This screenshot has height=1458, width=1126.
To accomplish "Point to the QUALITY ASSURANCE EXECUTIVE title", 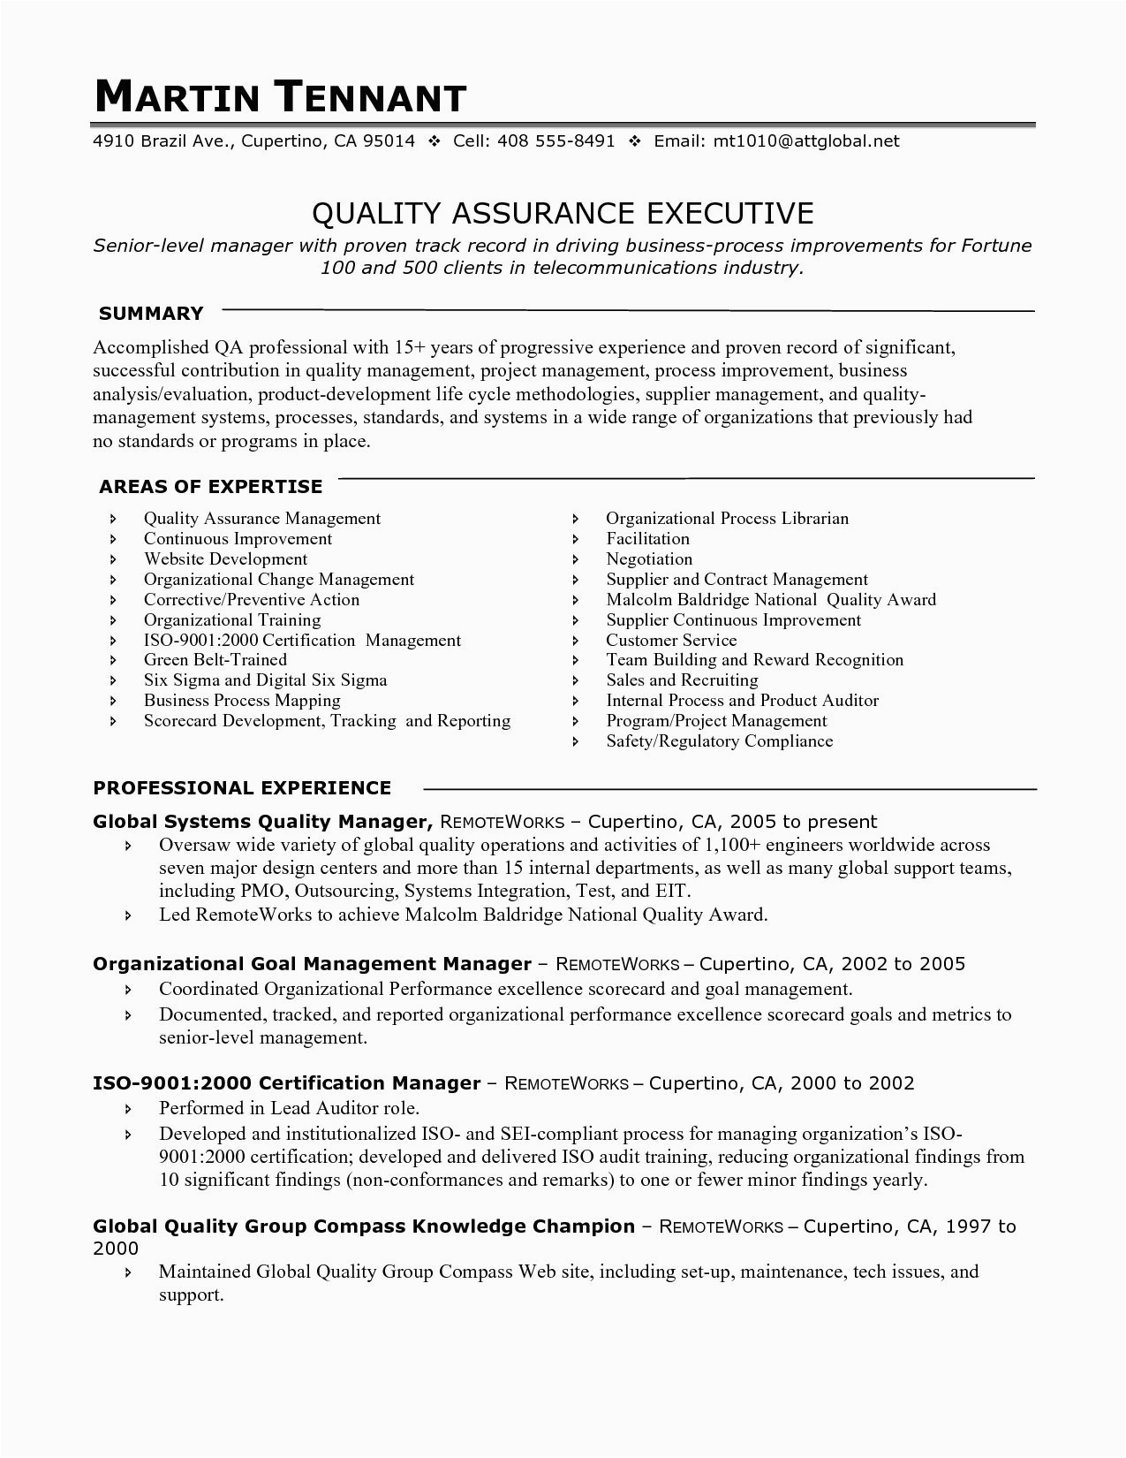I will (563, 214).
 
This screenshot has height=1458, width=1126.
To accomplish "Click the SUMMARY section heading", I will (151, 314).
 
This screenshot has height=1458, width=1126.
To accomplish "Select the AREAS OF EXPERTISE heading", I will (210, 487).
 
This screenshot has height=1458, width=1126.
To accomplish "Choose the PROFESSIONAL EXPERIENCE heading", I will (242, 788).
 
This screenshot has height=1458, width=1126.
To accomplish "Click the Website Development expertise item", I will (225, 559).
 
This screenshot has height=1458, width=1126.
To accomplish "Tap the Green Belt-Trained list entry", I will (215, 660).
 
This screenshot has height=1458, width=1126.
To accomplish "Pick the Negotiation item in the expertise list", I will (649, 559).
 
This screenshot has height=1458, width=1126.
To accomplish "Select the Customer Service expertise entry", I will (670, 641).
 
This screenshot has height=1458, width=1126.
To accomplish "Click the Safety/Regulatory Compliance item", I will (719, 741).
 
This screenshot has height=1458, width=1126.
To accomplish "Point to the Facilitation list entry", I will (647, 539).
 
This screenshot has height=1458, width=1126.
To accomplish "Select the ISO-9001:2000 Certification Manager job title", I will (286, 1083).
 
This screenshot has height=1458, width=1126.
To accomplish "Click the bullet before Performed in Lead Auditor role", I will (129, 1109).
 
